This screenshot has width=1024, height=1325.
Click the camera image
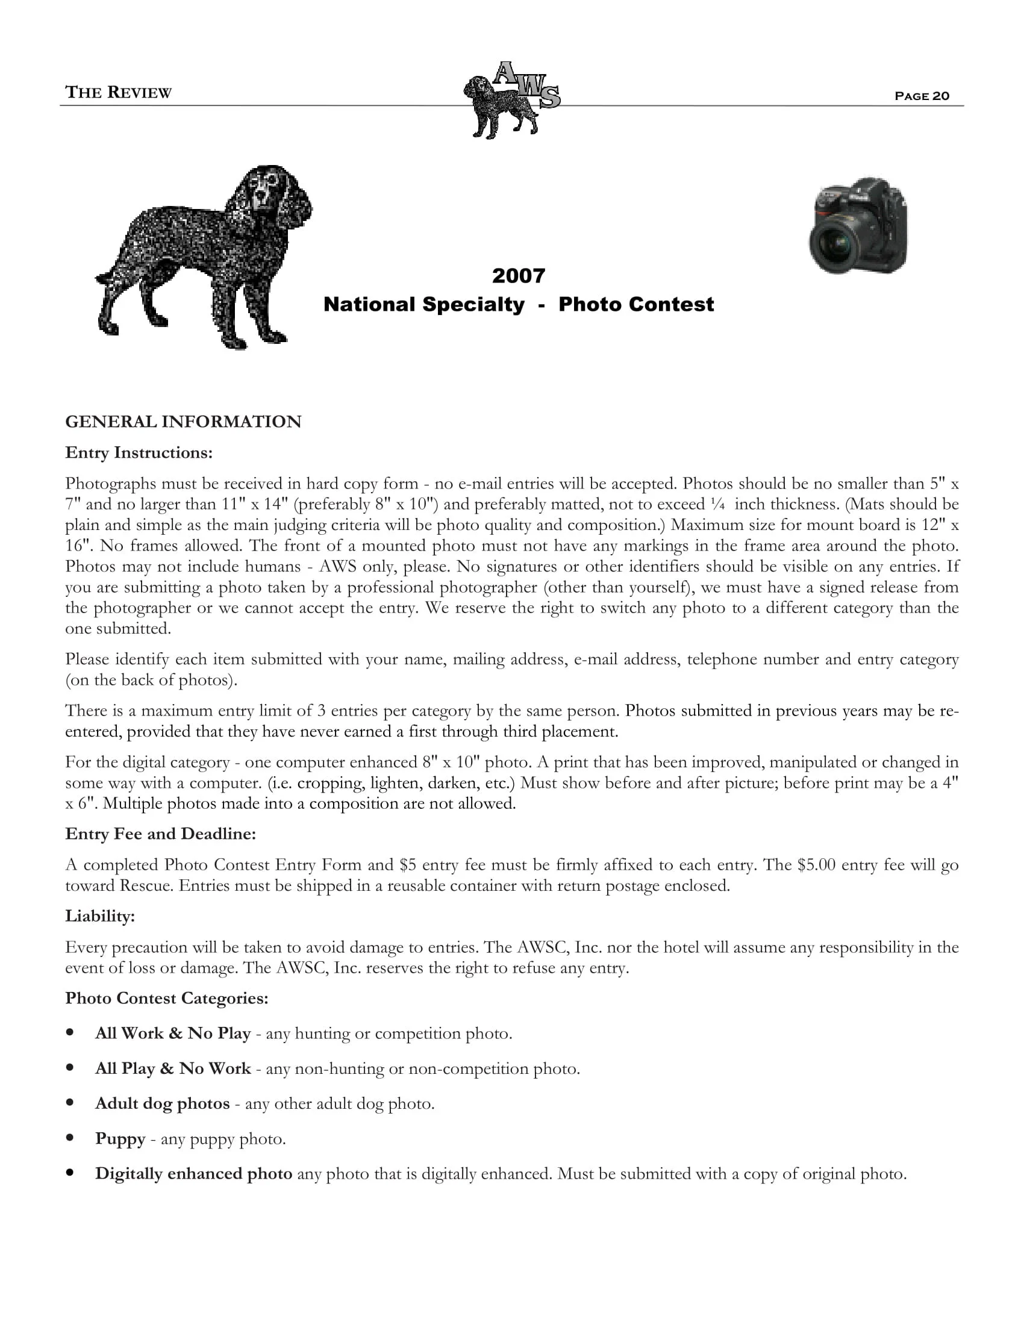[x=858, y=225]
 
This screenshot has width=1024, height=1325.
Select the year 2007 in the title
[x=518, y=276]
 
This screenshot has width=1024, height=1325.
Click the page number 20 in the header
[x=941, y=96]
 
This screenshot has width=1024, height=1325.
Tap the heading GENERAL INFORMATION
[x=183, y=422]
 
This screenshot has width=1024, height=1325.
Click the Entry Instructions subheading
[x=139, y=452]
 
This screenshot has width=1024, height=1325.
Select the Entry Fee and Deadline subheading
[x=161, y=834]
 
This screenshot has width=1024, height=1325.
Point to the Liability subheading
[x=100, y=916]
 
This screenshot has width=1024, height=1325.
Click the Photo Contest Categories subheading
[x=167, y=998]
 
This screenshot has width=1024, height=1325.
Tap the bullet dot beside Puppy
[x=71, y=1138]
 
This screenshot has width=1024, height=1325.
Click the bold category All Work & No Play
[x=173, y=1033]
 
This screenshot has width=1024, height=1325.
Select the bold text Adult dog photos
[x=163, y=1103]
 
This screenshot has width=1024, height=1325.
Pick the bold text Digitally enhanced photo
[x=193, y=1173]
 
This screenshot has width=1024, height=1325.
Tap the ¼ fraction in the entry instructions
[x=718, y=504]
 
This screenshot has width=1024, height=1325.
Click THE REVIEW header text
[x=118, y=92]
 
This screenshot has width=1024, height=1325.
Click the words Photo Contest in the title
[x=635, y=304]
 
